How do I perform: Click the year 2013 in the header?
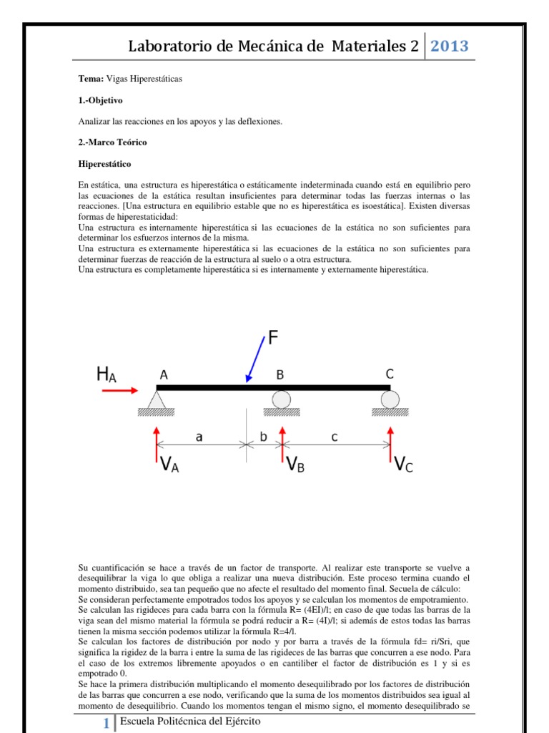tap(449, 47)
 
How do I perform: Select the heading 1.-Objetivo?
tap(101, 100)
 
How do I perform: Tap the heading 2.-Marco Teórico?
tap(112, 142)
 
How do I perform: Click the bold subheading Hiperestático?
tap(105, 164)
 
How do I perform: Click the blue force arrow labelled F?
tap(254, 361)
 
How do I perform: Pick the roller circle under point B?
tap(282, 399)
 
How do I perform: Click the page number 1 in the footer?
tap(106, 724)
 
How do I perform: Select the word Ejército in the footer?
tap(239, 722)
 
